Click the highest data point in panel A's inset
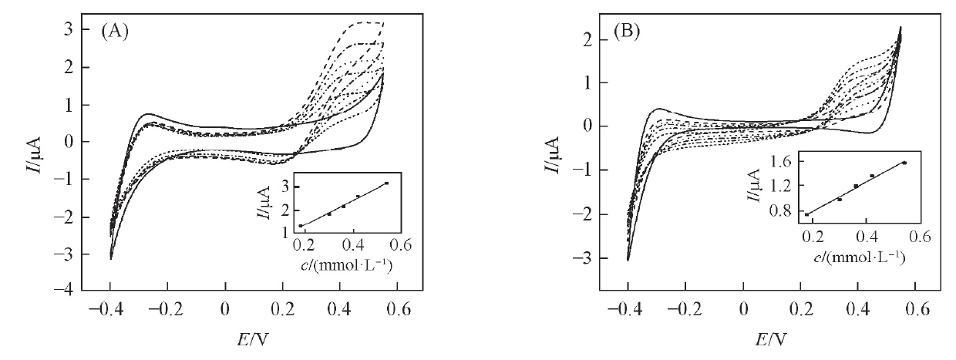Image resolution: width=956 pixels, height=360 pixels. (x=385, y=183)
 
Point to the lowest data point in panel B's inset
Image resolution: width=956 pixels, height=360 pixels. (x=807, y=214)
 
